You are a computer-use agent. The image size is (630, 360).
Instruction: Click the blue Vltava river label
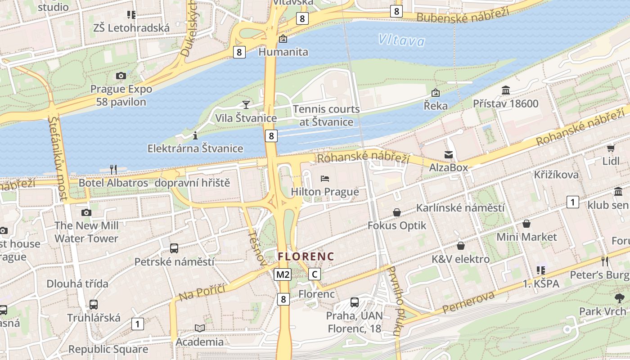pyautogui.click(x=401, y=40)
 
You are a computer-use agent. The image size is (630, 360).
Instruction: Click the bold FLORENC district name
pyautogui.click(x=306, y=256)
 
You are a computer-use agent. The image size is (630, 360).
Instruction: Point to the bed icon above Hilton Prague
pyautogui.click(x=325, y=179)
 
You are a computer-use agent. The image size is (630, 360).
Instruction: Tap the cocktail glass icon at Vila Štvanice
pyautogui.click(x=246, y=105)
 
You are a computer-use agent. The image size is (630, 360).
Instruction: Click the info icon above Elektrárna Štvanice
pyautogui.click(x=195, y=135)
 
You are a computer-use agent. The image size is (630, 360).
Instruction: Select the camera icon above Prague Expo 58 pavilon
pyautogui.click(x=121, y=76)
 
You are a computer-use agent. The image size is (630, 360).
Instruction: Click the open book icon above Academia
pyautogui.click(x=199, y=328)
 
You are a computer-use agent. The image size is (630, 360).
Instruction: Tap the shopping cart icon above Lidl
pyautogui.click(x=611, y=148)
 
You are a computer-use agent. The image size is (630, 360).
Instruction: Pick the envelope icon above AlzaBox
pyautogui.click(x=449, y=155)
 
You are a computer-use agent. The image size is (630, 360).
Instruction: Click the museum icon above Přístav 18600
pyautogui.click(x=505, y=90)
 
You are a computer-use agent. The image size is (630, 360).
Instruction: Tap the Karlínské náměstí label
pyautogui.click(x=460, y=208)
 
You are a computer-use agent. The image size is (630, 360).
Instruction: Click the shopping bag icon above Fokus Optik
pyautogui.click(x=397, y=212)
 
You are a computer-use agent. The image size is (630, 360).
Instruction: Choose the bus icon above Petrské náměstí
pyautogui.click(x=174, y=248)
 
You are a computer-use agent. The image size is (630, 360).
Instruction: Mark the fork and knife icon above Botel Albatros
pyautogui.click(x=113, y=169)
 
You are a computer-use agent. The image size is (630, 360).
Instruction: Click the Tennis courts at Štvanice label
pyautogui.click(x=326, y=116)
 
